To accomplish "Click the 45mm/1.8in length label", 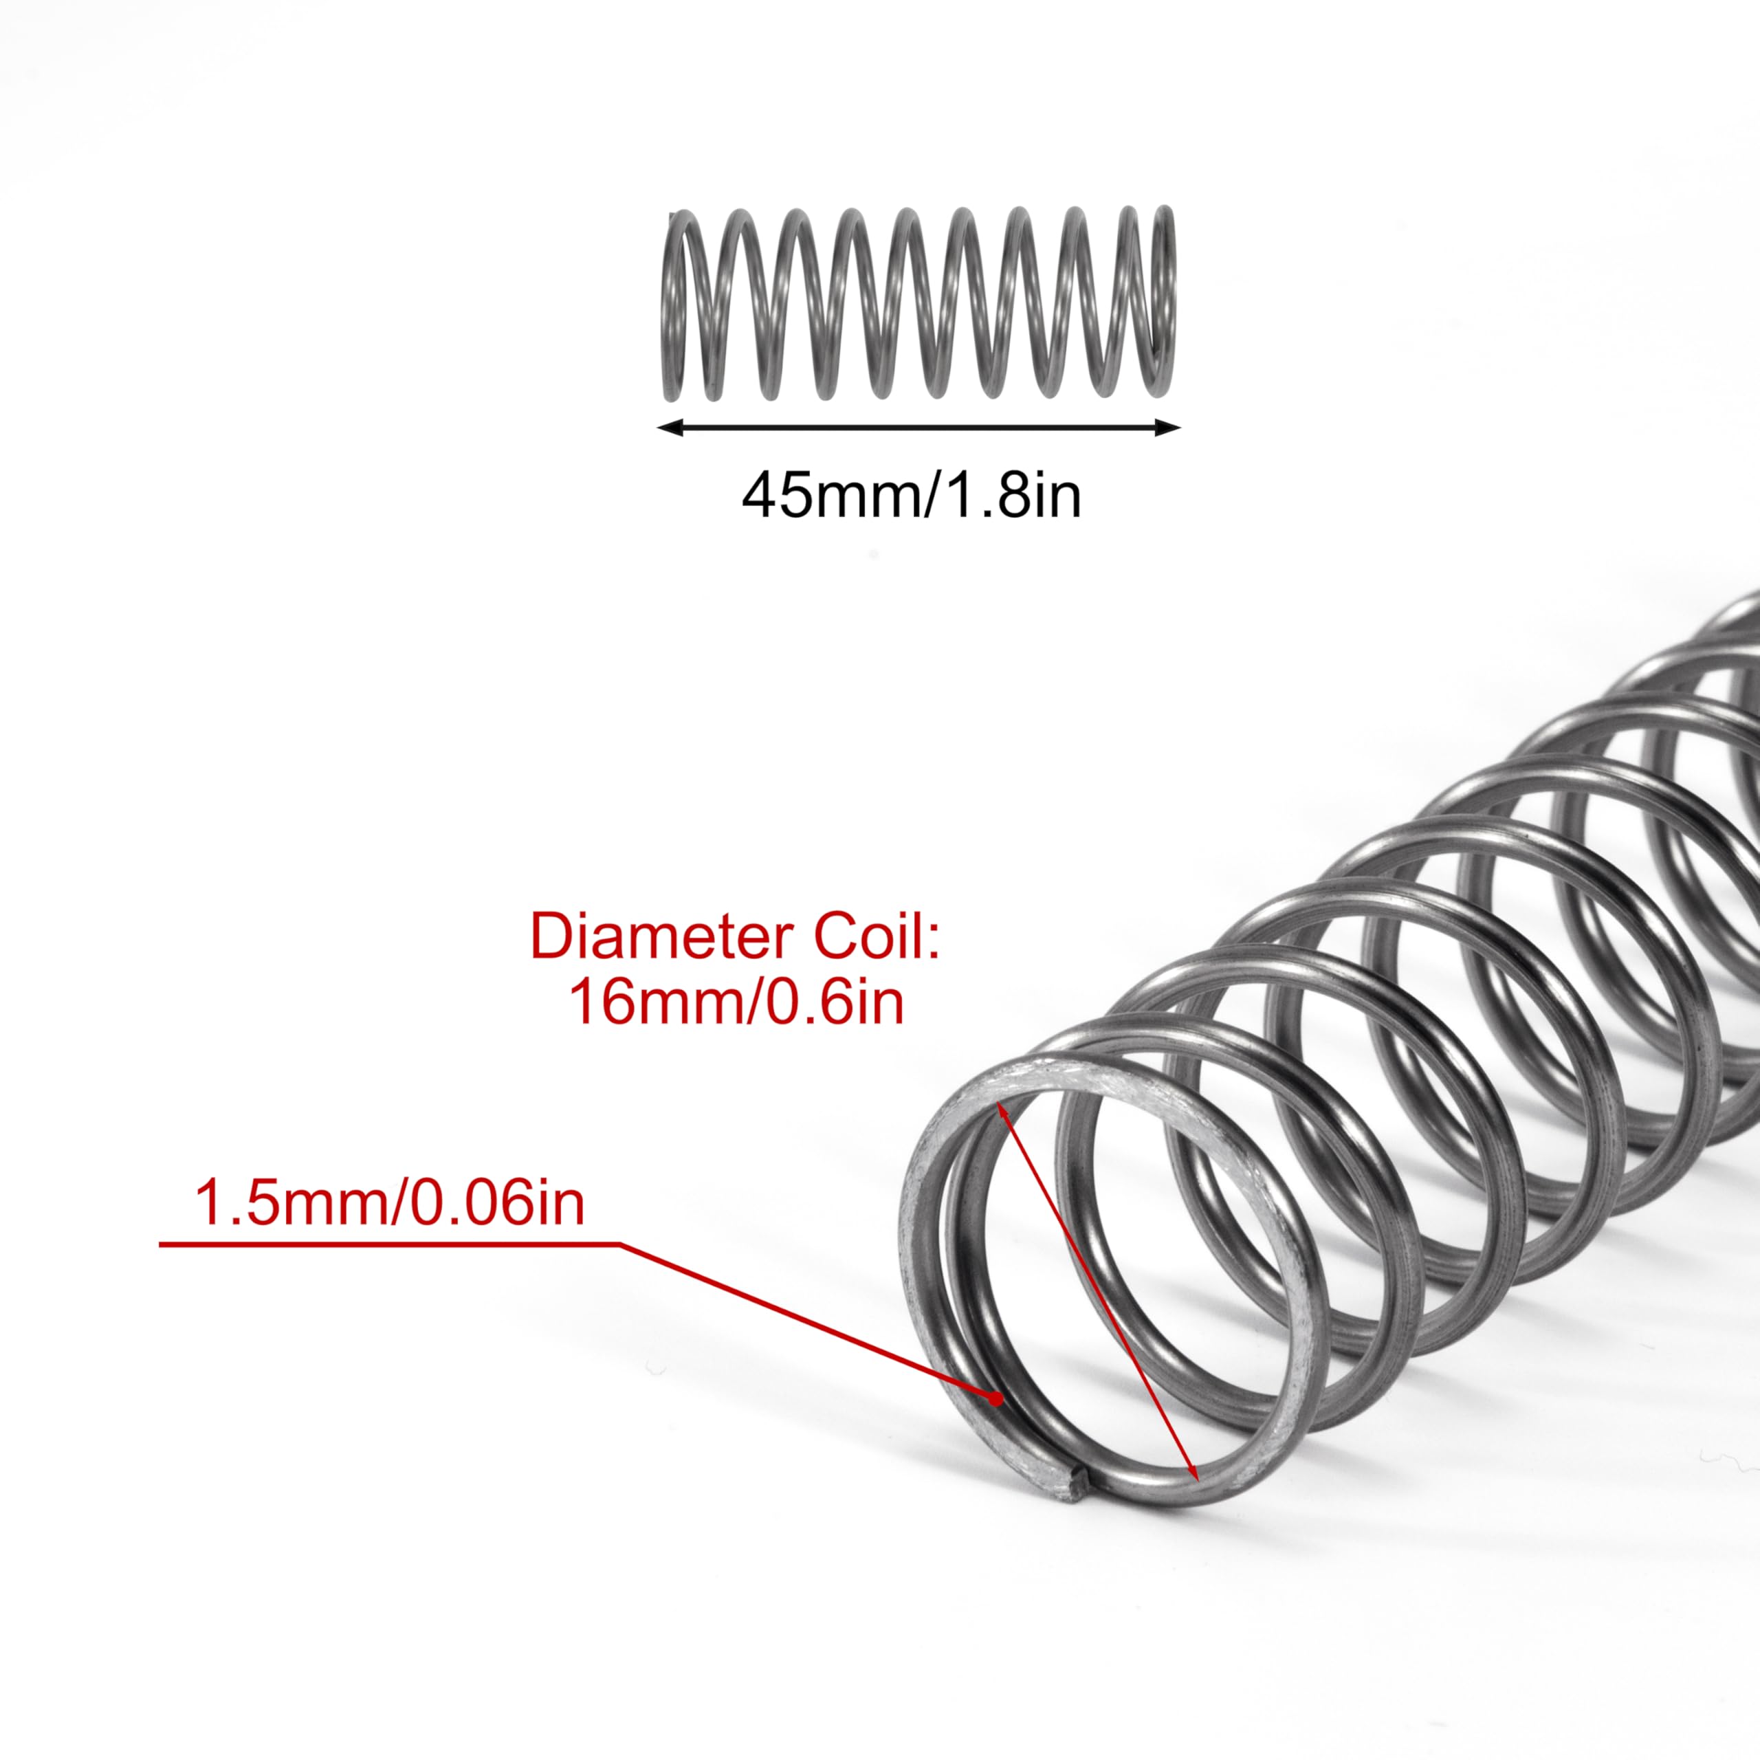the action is pos(911,496).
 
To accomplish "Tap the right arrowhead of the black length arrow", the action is pos(1169,427).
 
